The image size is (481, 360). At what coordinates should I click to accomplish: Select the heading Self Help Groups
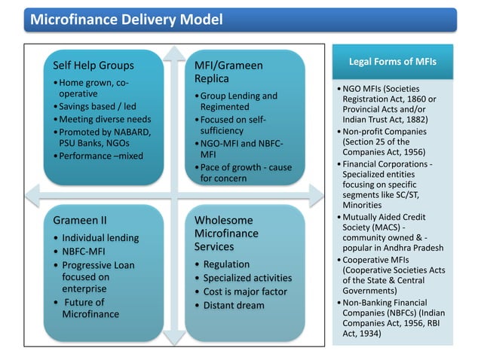(x=93, y=65)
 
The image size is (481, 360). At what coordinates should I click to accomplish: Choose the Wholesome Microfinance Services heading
(x=227, y=233)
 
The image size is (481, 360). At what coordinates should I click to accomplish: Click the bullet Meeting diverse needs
(x=102, y=120)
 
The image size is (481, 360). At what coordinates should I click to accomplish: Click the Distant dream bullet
(x=229, y=305)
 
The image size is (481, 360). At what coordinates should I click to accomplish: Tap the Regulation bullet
(x=226, y=264)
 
